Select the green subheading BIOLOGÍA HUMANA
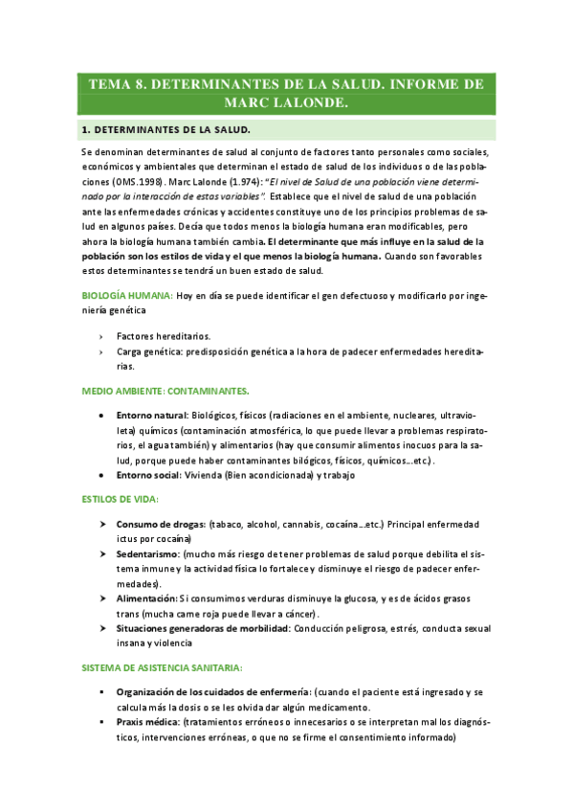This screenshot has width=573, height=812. (x=126, y=296)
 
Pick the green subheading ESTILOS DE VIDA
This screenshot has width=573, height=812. (x=120, y=500)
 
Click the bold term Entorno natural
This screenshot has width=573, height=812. (x=151, y=417)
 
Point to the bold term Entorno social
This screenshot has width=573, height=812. (x=147, y=476)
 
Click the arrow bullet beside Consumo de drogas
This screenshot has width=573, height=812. (x=101, y=525)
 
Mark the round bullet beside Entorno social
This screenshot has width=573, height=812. (x=101, y=476)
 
